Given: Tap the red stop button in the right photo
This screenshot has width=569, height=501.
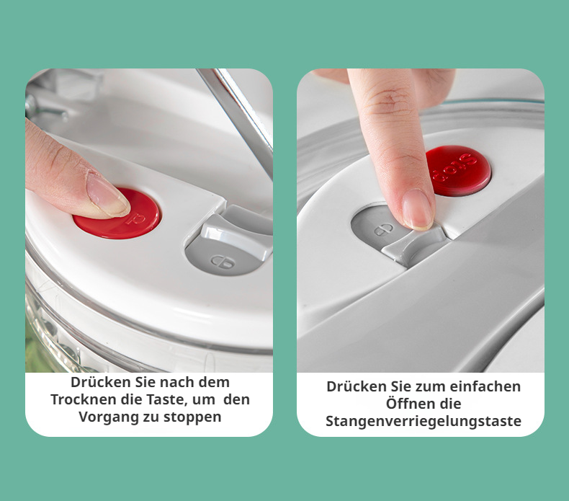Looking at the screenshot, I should (458, 170).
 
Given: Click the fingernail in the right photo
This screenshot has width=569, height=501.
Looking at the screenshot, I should (418, 208).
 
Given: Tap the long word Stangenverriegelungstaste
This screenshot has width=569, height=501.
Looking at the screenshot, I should (423, 421).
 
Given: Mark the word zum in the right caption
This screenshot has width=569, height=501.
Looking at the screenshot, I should (429, 386).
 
